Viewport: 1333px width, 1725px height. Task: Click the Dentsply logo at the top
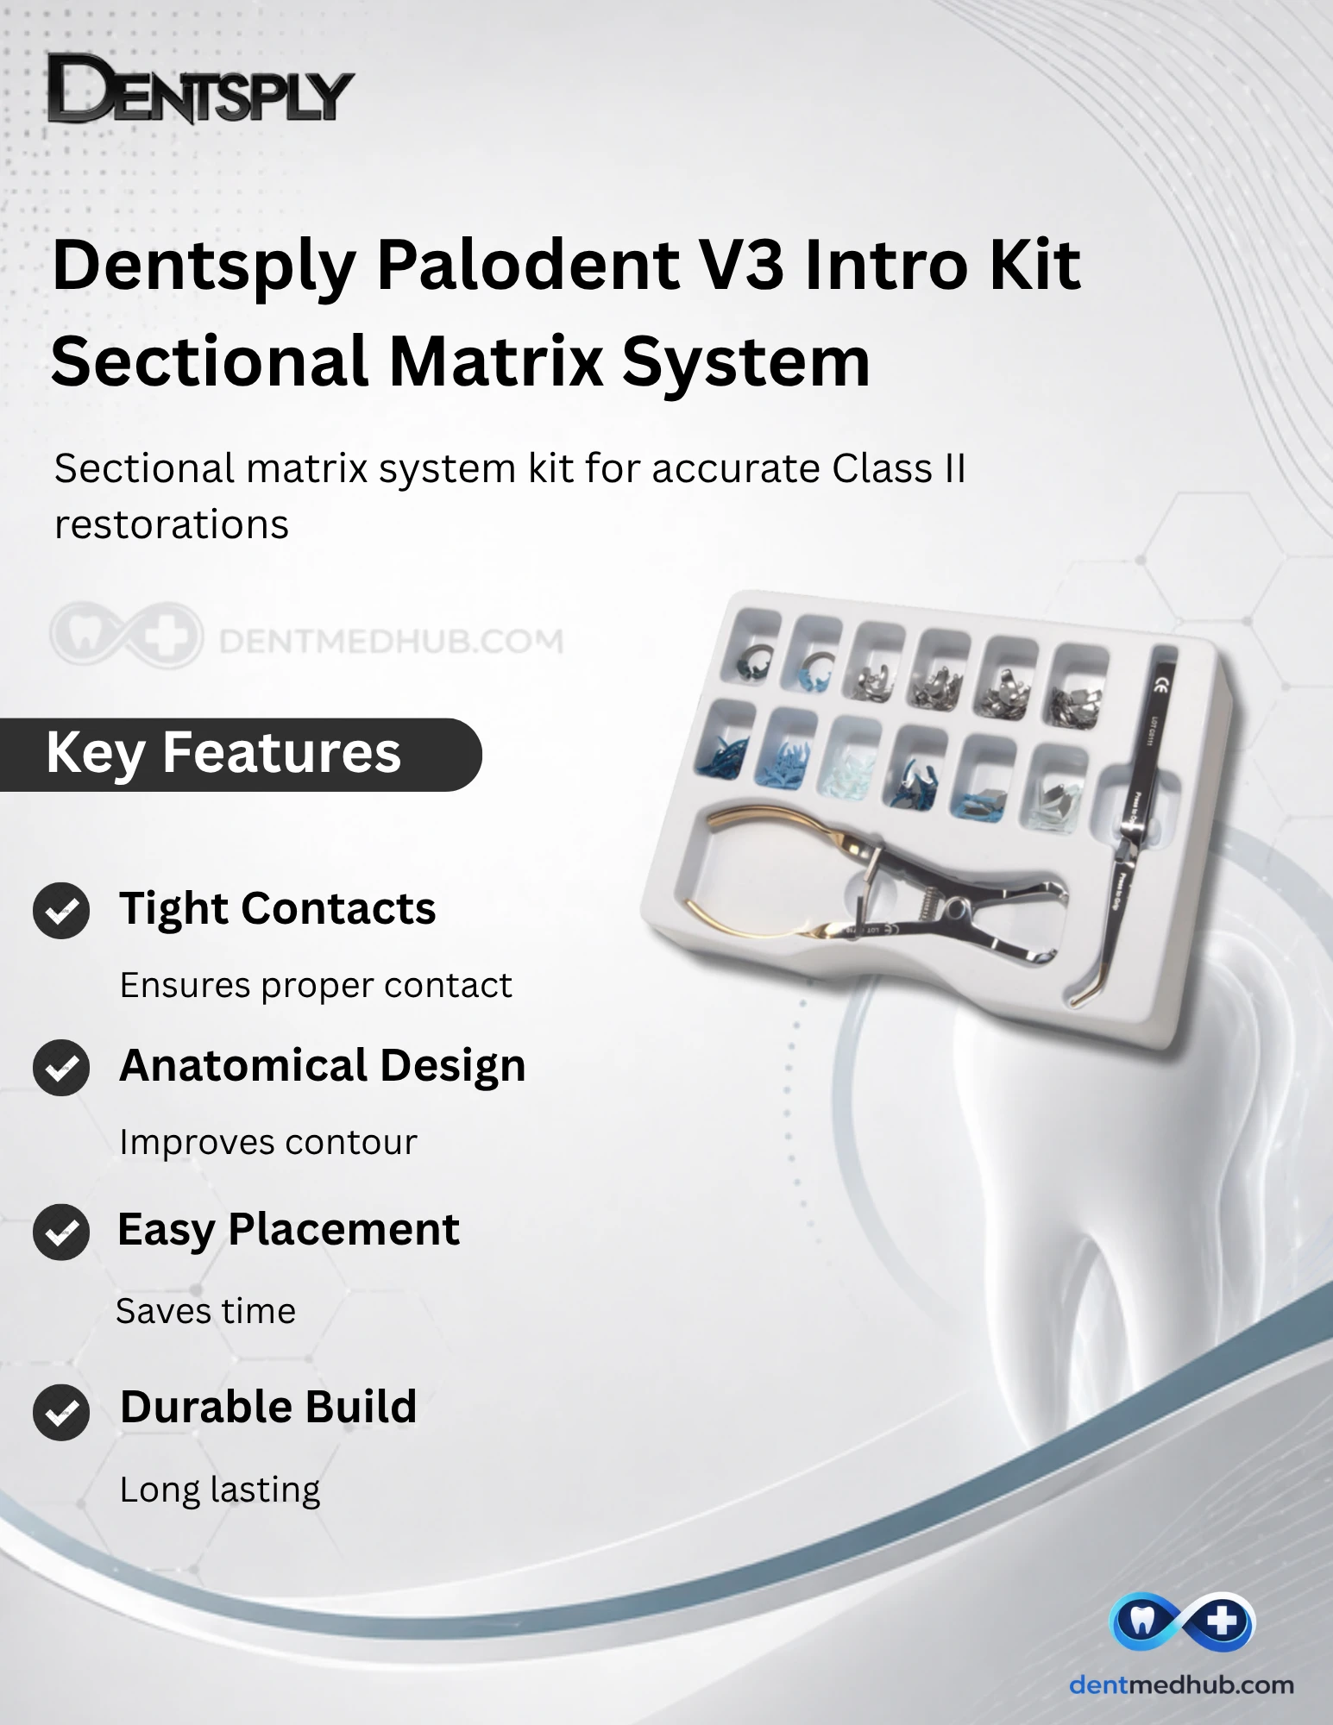[200, 88]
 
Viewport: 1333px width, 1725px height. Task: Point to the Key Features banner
[240, 754]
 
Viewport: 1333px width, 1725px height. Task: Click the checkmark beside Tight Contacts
[61, 911]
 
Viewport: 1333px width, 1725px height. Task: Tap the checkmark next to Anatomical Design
[61, 1068]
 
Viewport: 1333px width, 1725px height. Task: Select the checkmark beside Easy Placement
[61, 1232]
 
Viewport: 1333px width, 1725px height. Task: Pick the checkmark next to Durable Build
[61, 1412]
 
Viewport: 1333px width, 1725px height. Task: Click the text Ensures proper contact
[316, 986]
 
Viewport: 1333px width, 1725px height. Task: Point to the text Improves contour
[268, 1142]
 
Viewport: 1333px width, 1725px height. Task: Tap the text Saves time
[206, 1311]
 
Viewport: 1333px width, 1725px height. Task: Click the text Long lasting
[220, 1490]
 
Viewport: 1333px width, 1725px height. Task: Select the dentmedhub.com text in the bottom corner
[1182, 1684]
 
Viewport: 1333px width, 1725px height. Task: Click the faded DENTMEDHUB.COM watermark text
[391, 641]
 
